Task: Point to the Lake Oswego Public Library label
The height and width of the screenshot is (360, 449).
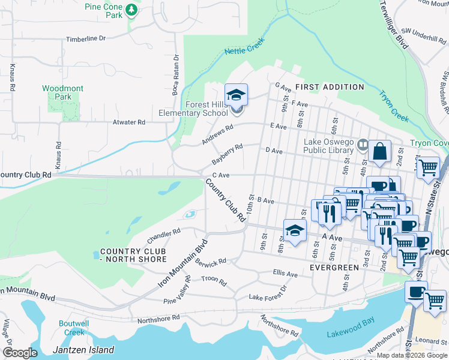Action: click(329, 146)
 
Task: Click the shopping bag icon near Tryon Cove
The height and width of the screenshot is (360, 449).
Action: click(380, 152)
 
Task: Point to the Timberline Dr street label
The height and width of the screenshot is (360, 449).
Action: click(86, 38)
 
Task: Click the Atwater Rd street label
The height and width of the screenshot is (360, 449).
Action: click(129, 122)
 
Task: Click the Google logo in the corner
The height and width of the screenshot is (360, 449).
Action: click(20, 353)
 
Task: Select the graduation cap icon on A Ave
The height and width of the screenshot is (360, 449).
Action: click(295, 231)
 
